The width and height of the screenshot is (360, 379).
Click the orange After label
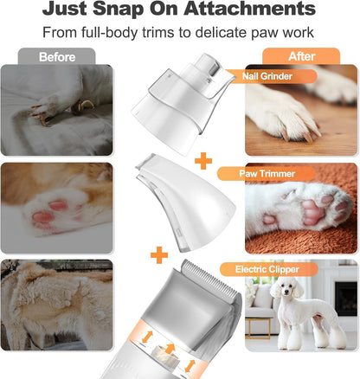pyautogui.click(x=301, y=56)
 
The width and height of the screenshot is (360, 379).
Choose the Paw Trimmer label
pyautogui.click(x=266, y=173)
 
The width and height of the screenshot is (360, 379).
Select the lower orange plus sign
pyautogui.click(x=158, y=255)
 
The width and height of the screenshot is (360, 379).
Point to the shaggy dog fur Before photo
pyautogui.click(x=56, y=303)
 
